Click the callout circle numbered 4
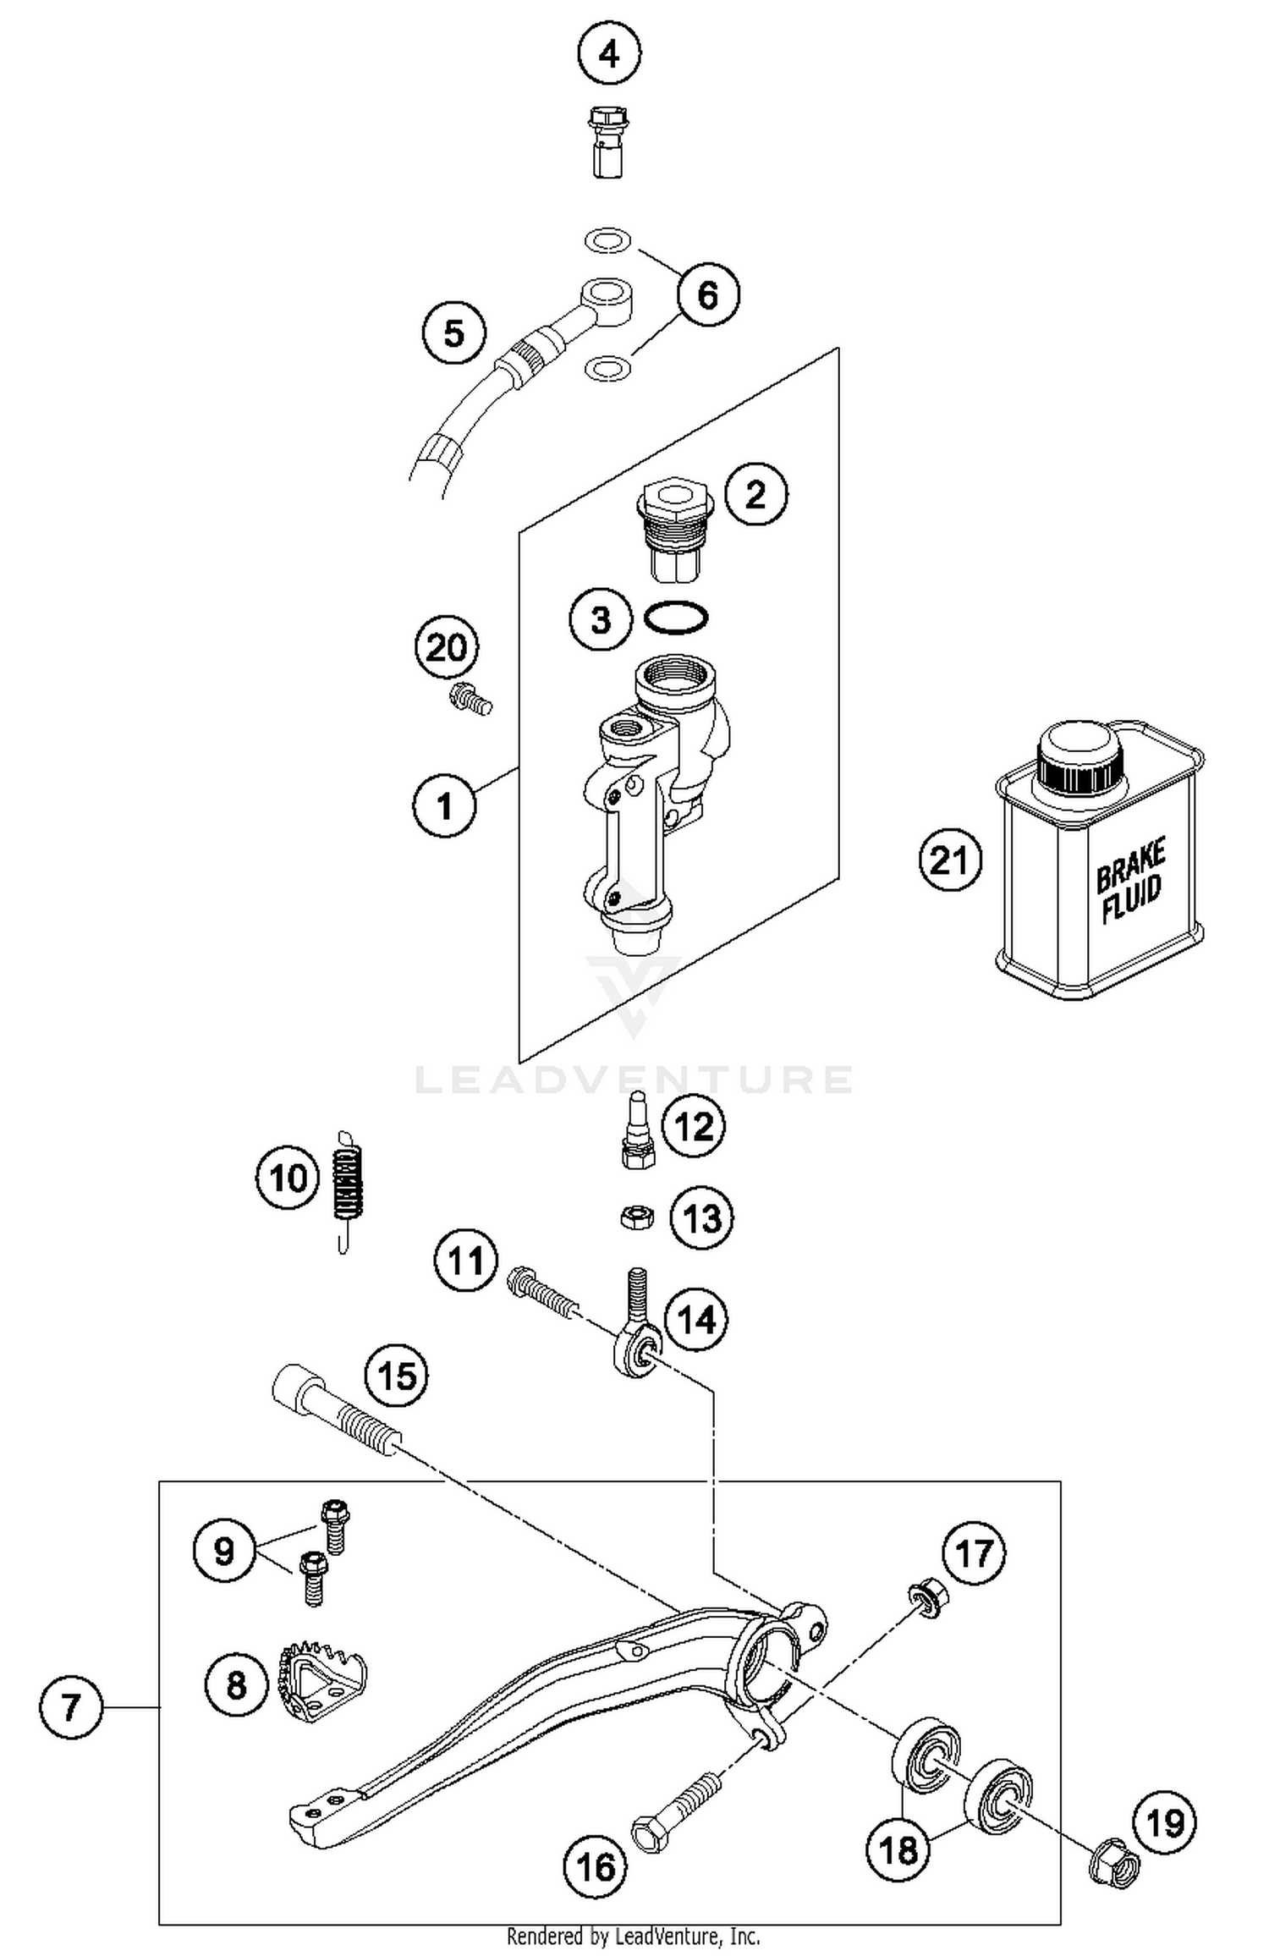[x=609, y=55]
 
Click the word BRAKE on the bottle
[x=1130, y=865]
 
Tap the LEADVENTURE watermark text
[x=634, y=1080]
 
